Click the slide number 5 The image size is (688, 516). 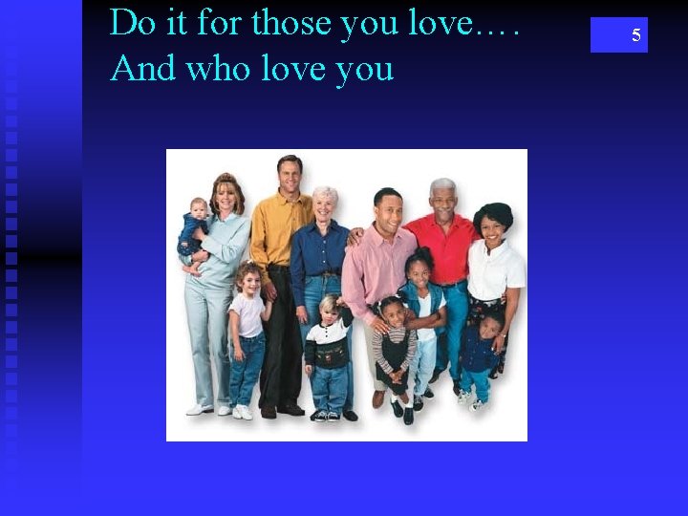click(635, 35)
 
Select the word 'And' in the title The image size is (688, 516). click(141, 68)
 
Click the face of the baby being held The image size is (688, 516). click(199, 210)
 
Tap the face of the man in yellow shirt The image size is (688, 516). click(289, 175)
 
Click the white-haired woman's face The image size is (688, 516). click(325, 204)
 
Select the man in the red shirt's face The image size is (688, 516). click(441, 198)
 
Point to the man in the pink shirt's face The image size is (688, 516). click(388, 207)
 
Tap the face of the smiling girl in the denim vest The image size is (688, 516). click(419, 269)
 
